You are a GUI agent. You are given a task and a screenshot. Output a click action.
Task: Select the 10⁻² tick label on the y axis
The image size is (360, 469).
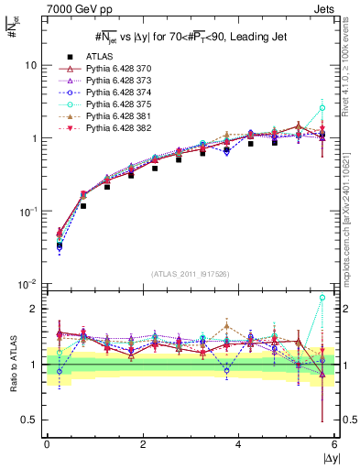tap(27, 284)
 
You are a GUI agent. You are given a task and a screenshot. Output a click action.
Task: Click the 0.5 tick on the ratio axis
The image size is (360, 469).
tap(30, 420)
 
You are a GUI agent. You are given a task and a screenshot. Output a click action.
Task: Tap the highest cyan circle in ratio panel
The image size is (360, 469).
tap(322, 297)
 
